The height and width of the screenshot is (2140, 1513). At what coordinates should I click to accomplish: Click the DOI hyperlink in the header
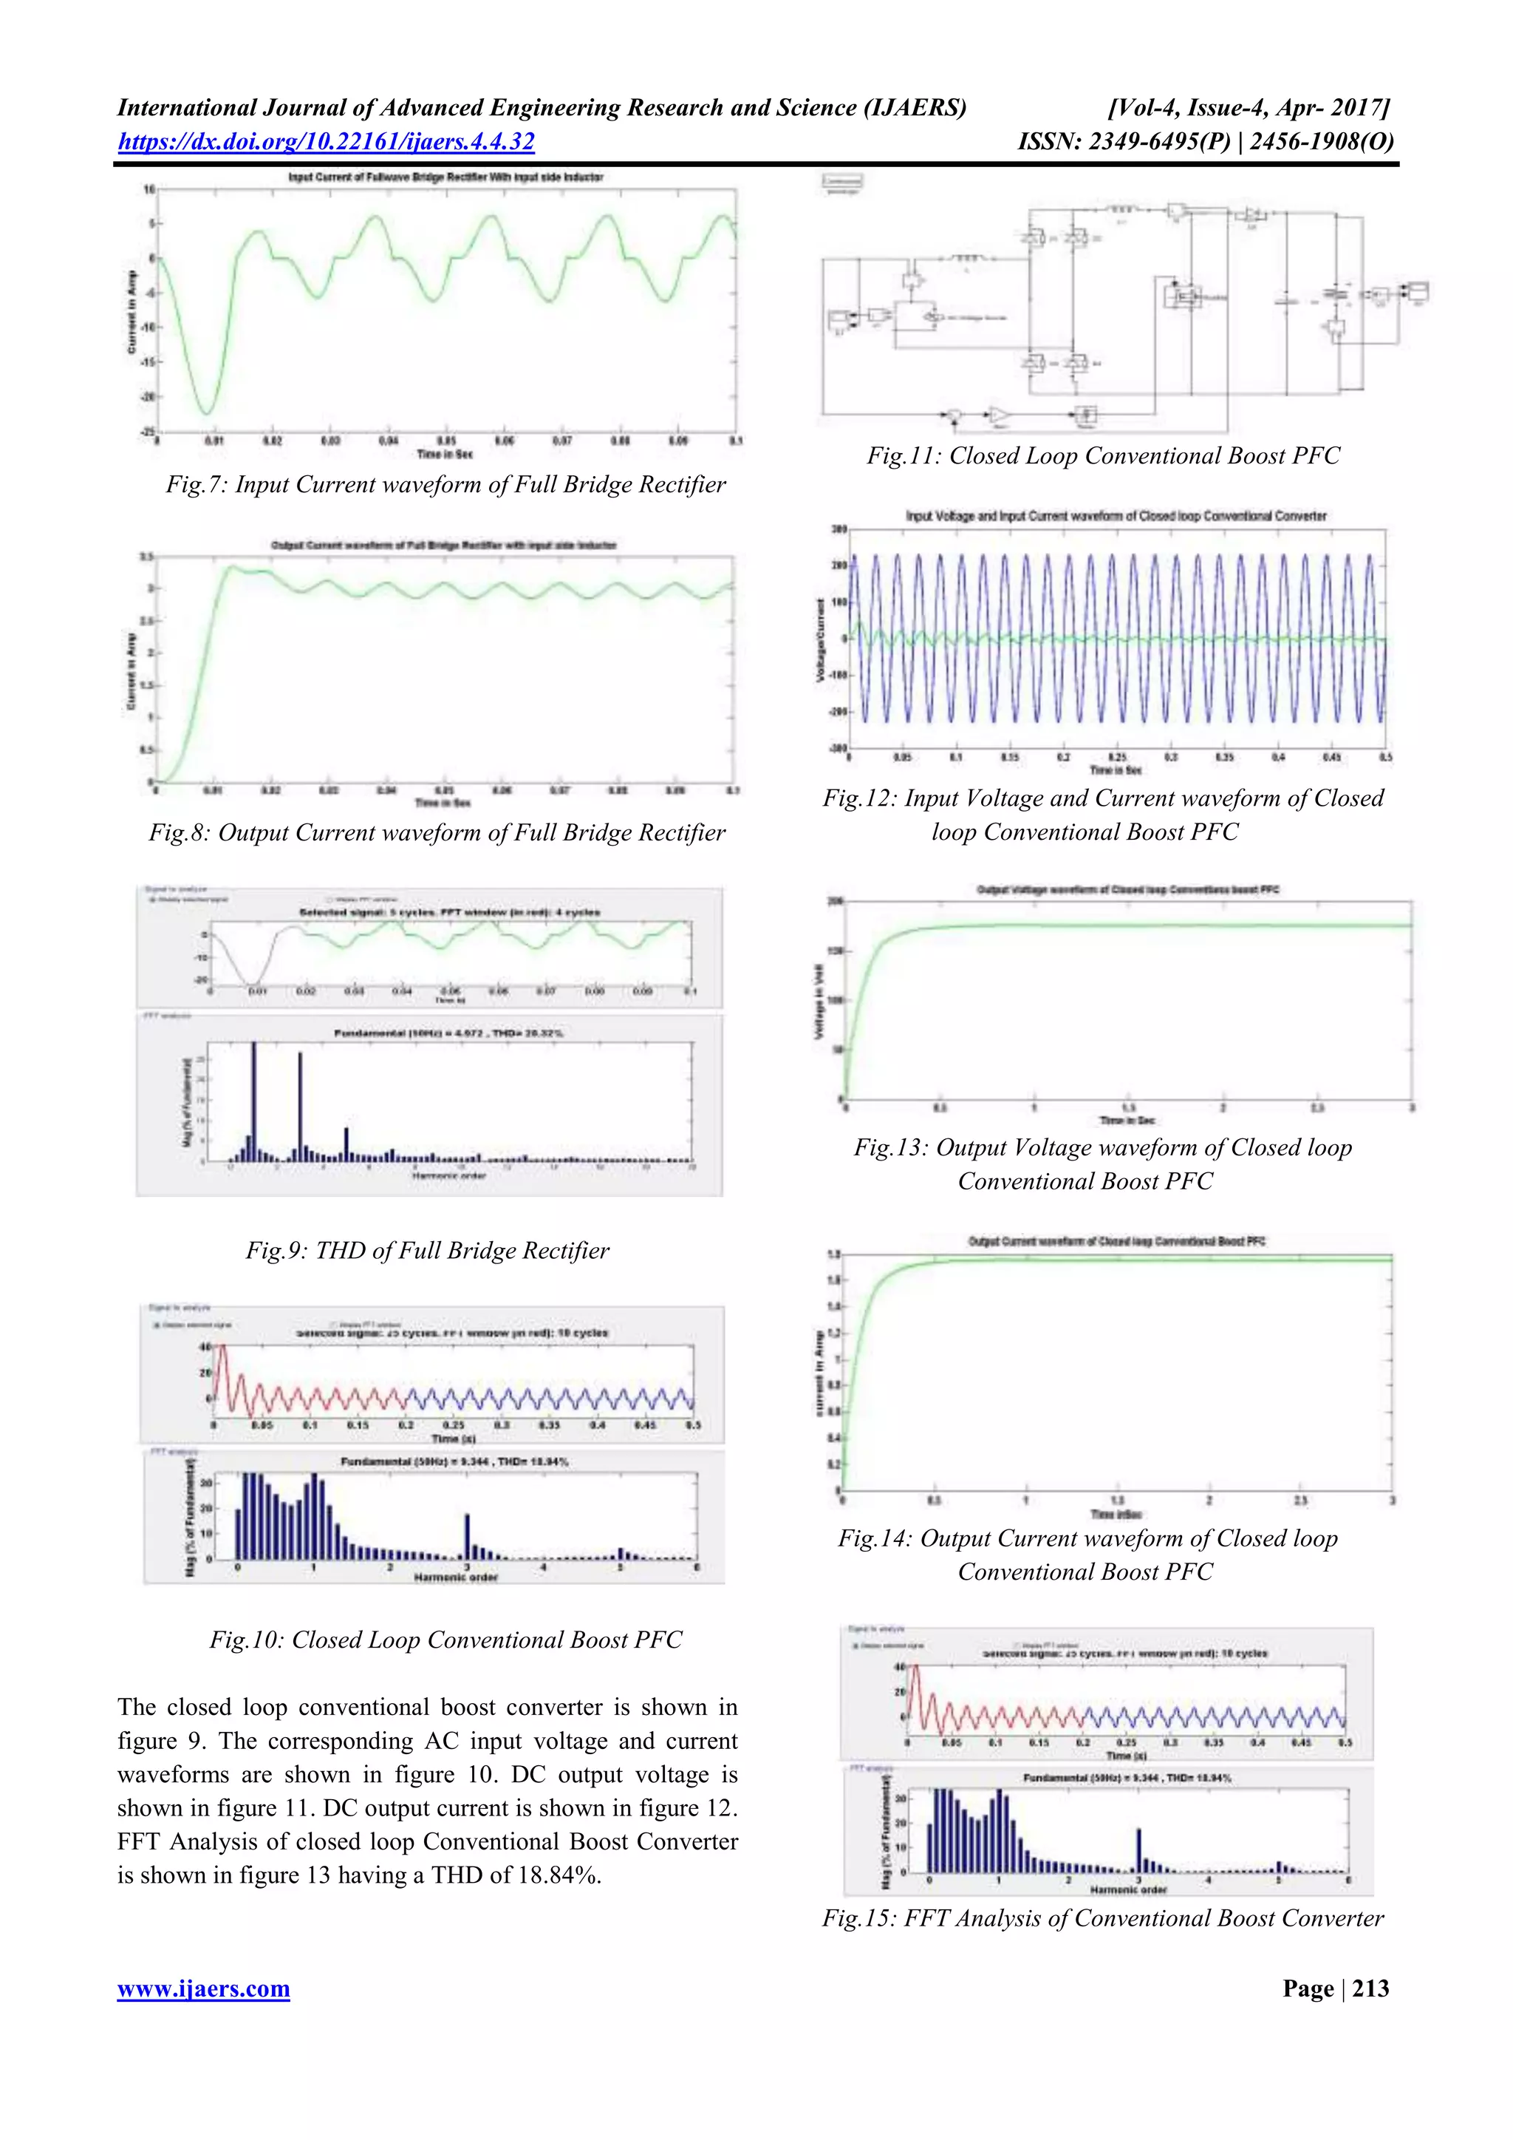(x=326, y=142)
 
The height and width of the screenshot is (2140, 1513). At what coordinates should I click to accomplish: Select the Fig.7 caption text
(x=445, y=485)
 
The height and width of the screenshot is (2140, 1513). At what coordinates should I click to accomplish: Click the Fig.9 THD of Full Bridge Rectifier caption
(x=427, y=1251)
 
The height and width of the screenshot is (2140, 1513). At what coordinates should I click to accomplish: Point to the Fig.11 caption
(x=1103, y=456)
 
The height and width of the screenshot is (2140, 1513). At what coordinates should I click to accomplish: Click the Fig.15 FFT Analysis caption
(x=1103, y=1918)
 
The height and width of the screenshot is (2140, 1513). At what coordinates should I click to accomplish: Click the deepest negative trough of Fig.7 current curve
(x=208, y=413)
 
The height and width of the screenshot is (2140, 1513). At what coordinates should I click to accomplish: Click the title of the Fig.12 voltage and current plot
(x=1116, y=515)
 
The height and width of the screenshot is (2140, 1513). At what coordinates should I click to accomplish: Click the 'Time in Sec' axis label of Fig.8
(x=443, y=803)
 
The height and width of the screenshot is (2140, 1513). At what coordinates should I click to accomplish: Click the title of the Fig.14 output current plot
(x=1116, y=1242)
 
